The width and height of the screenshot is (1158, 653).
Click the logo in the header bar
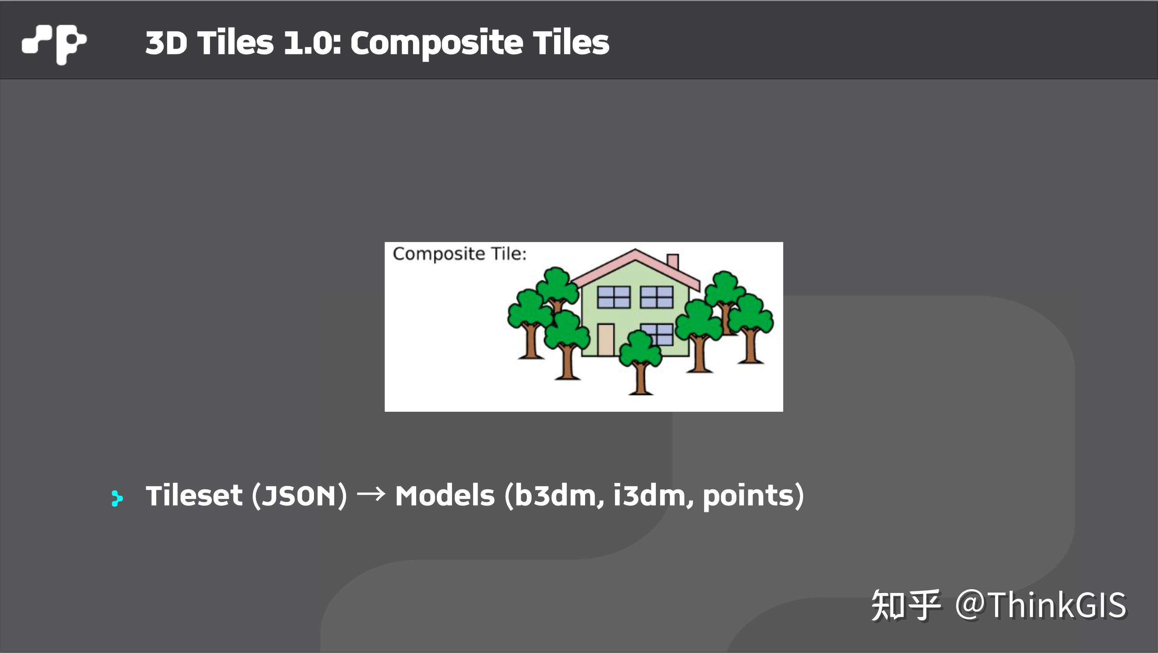point(54,43)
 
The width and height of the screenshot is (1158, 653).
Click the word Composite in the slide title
point(436,43)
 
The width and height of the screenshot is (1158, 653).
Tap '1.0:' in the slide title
point(313,43)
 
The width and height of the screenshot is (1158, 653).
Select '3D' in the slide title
point(166,43)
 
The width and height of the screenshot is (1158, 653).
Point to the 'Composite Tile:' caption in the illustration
point(459,254)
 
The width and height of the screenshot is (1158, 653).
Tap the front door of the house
point(606,339)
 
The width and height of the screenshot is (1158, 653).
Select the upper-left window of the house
point(614,297)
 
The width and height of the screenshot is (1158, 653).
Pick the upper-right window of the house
point(656,297)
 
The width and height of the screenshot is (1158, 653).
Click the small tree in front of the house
point(640,359)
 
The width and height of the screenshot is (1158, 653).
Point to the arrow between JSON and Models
point(371,494)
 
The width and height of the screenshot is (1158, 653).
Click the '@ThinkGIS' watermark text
point(1040,605)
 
